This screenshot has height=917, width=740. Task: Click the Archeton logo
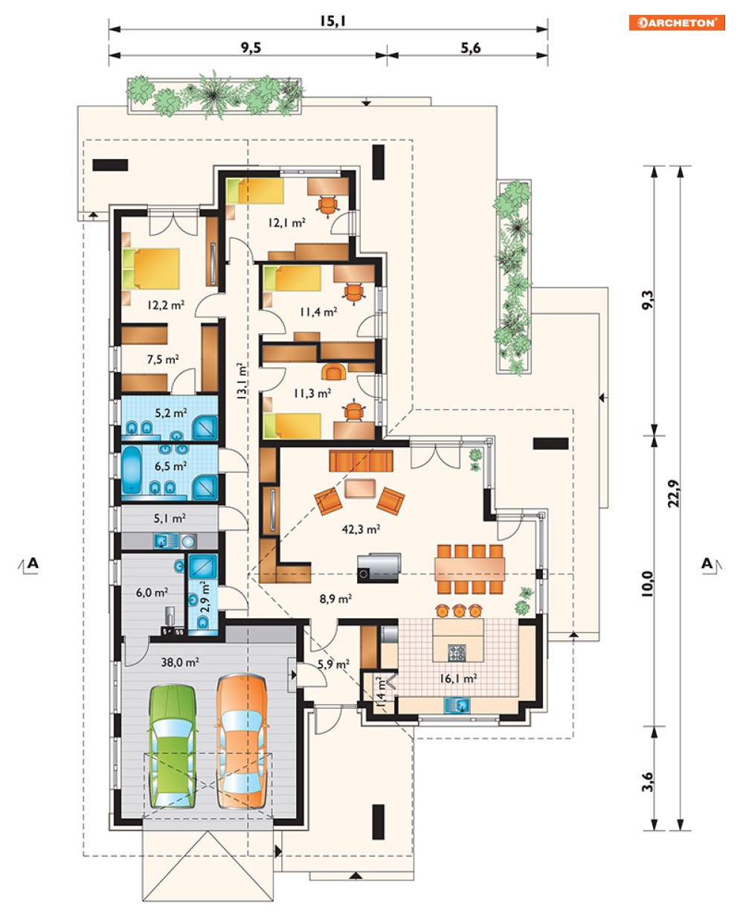pyautogui.click(x=677, y=22)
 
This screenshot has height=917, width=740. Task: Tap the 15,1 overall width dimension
pyautogui.click(x=332, y=21)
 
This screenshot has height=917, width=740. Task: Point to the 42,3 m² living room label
pyautogui.click(x=361, y=530)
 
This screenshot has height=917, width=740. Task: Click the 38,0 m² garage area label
pyautogui.click(x=180, y=662)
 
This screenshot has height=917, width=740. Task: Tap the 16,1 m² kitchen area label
pyautogui.click(x=458, y=678)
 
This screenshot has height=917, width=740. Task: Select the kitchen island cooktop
pyautogui.click(x=457, y=653)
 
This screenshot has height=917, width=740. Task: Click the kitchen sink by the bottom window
pyautogui.click(x=457, y=705)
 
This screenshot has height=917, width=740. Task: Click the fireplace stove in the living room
pyautogui.click(x=379, y=568)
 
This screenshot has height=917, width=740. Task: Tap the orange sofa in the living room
pyautogui.click(x=361, y=460)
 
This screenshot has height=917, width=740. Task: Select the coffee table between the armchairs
pyautogui.click(x=360, y=489)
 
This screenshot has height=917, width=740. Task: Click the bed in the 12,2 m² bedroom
pyautogui.click(x=151, y=269)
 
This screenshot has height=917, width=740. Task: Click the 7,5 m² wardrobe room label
pyautogui.click(x=163, y=359)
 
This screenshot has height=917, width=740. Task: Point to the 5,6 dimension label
pyautogui.click(x=471, y=48)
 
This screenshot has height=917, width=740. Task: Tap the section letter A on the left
pyautogui.click(x=33, y=563)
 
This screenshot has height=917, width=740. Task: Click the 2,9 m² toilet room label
pyautogui.click(x=206, y=596)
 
